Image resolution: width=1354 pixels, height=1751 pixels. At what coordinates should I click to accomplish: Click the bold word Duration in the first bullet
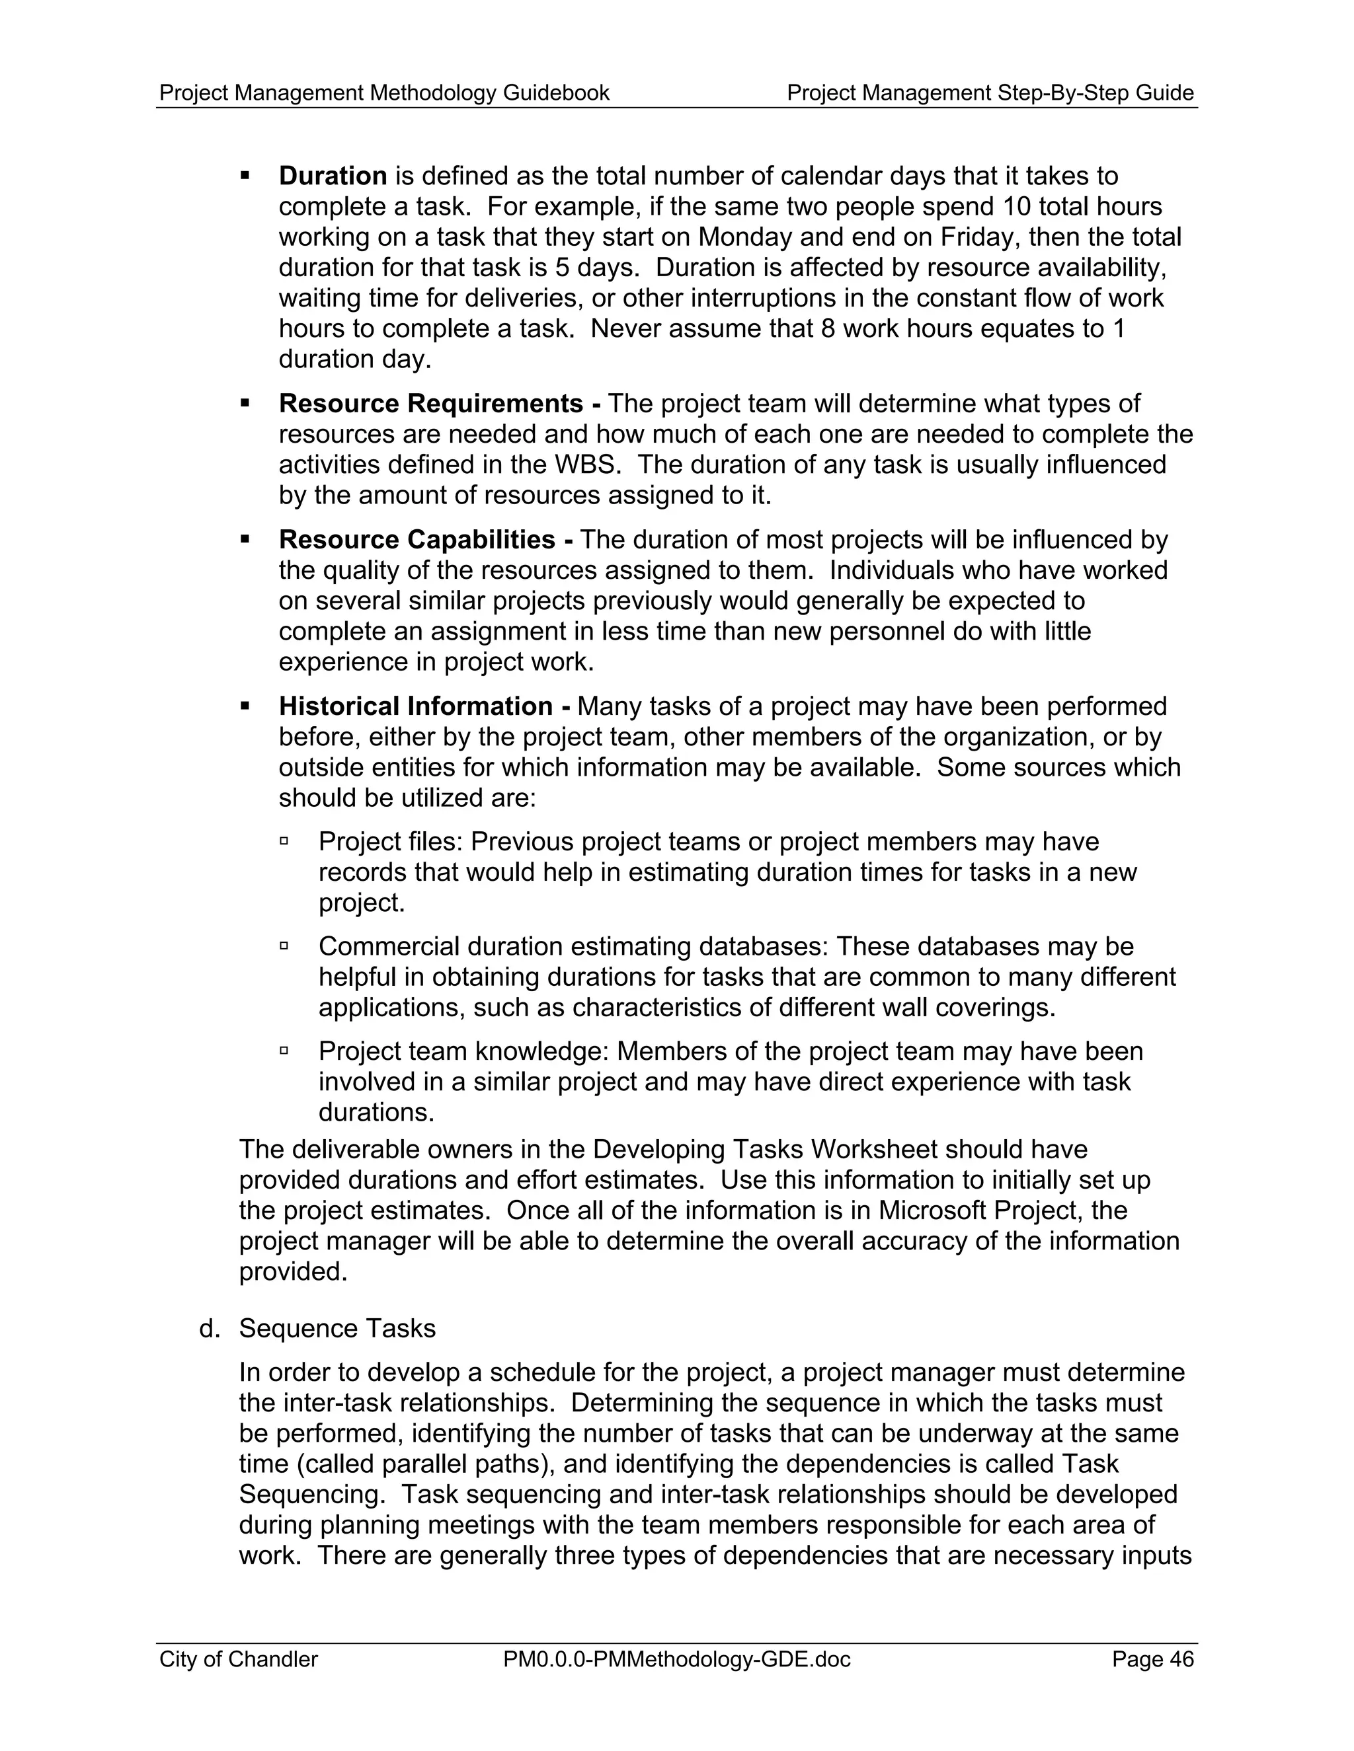[333, 176]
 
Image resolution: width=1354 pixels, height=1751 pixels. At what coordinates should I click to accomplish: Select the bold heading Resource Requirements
[431, 403]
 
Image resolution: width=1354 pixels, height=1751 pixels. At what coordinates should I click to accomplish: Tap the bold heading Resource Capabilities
[417, 540]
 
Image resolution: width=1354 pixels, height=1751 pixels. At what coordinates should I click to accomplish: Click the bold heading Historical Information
[415, 706]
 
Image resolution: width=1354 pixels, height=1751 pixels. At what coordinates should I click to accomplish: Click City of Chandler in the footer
[238, 1658]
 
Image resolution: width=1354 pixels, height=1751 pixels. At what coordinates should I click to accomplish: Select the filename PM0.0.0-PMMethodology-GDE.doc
[676, 1658]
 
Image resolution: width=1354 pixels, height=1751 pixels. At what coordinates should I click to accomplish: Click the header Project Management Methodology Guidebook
[384, 93]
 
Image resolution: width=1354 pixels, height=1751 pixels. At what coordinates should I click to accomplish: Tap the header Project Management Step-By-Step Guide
[990, 93]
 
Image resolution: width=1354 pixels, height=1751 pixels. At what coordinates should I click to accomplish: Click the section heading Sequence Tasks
[337, 1329]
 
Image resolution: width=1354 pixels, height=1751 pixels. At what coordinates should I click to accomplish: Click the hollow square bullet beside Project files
[284, 841]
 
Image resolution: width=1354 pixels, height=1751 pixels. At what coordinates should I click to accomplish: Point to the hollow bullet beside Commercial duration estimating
[284, 946]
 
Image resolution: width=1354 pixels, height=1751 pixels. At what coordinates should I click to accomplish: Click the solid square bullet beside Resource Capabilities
[245, 540]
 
